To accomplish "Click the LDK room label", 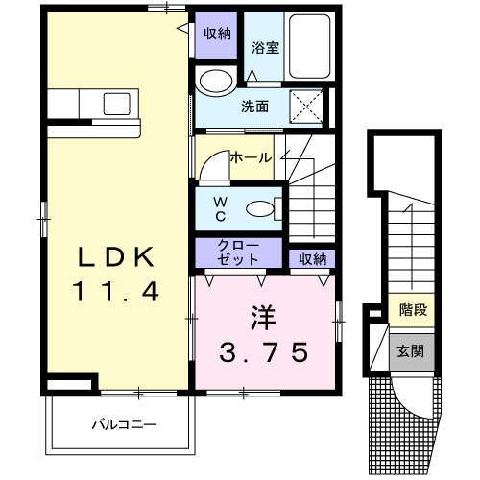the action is [116, 257].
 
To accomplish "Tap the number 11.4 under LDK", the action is [116, 291].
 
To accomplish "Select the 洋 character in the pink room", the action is [264, 318].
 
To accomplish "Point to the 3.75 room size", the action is [264, 352].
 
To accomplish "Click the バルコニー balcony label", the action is [124, 425].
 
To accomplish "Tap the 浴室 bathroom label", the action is [265, 48].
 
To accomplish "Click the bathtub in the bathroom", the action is [309, 46].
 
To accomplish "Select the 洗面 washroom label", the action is [254, 107].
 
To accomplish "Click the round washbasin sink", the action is [216, 81].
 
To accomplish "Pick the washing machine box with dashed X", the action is [306, 107].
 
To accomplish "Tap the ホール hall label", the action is [252, 157].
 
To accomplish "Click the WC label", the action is [220, 209].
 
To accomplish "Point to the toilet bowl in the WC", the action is [260, 209].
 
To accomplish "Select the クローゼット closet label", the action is [238, 252].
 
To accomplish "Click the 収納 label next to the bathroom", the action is [217, 34].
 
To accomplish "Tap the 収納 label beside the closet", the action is [312, 259].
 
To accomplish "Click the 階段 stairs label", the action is [413, 310].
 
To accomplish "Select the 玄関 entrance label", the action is [411, 351].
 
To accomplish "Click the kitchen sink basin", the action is [116, 104].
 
